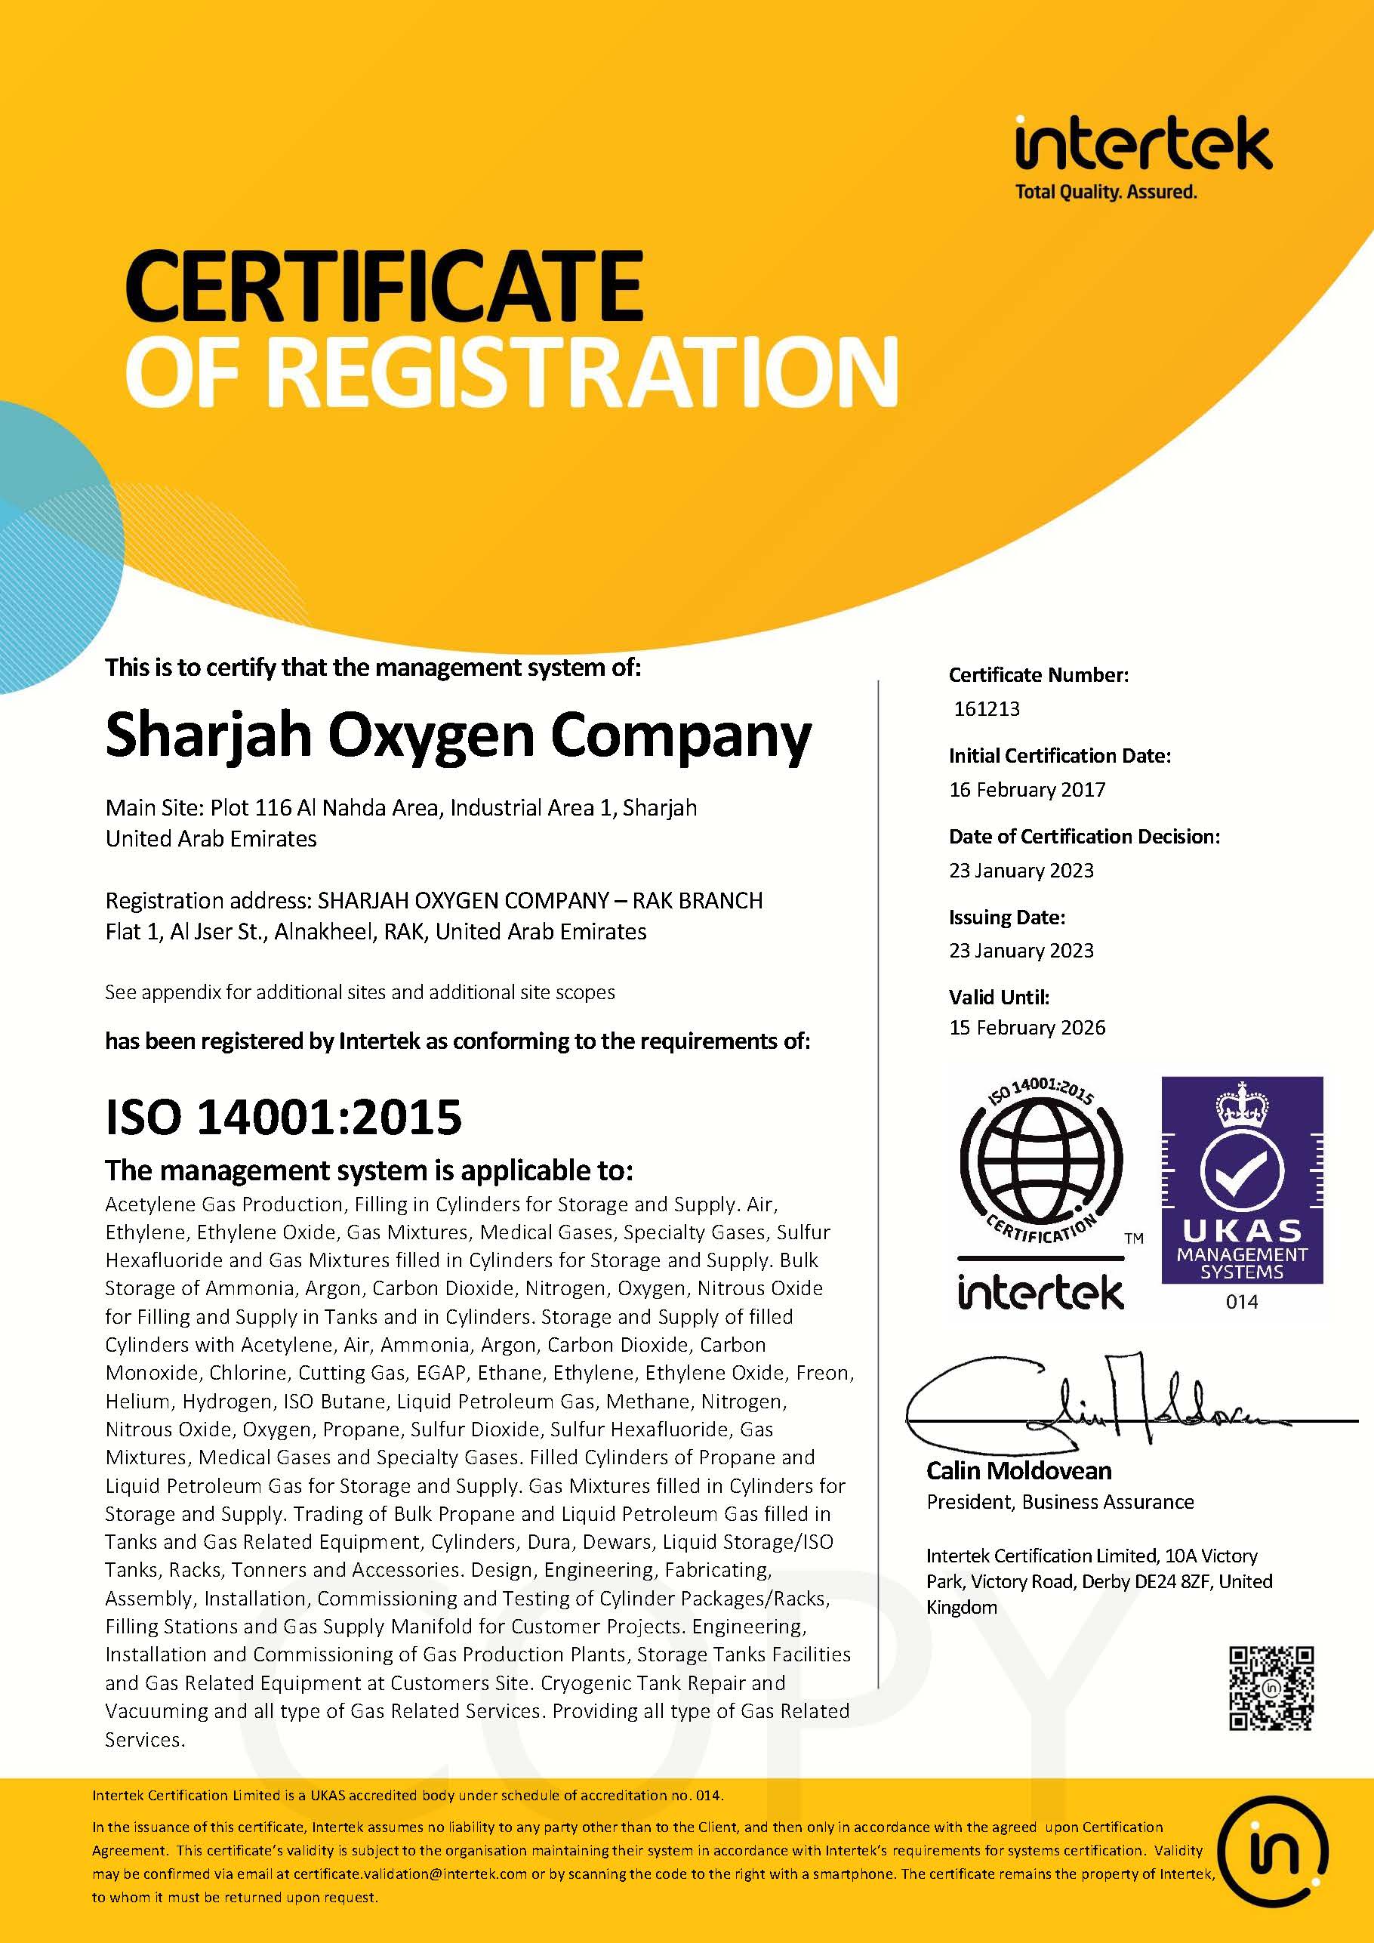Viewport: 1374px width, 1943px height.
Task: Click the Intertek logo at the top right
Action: point(1142,146)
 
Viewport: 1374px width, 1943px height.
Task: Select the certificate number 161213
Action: point(987,708)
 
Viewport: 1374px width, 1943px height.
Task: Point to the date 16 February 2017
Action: point(1026,790)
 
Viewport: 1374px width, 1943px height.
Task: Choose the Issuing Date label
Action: point(1006,918)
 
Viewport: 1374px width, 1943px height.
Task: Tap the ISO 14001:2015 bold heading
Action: point(283,1117)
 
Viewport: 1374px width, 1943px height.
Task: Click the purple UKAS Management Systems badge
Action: point(1241,1180)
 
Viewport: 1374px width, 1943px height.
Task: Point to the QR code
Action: point(1271,1689)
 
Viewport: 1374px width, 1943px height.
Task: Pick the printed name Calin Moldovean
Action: point(1018,1471)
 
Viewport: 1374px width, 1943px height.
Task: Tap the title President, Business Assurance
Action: point(1059,1502)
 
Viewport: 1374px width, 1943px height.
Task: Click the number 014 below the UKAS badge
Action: point(1241,1302)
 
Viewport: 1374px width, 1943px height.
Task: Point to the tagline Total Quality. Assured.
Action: point(1106,192)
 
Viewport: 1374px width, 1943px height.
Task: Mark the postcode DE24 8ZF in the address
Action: point(1170,1581)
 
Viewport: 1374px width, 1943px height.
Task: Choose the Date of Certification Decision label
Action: point(1084,837)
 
